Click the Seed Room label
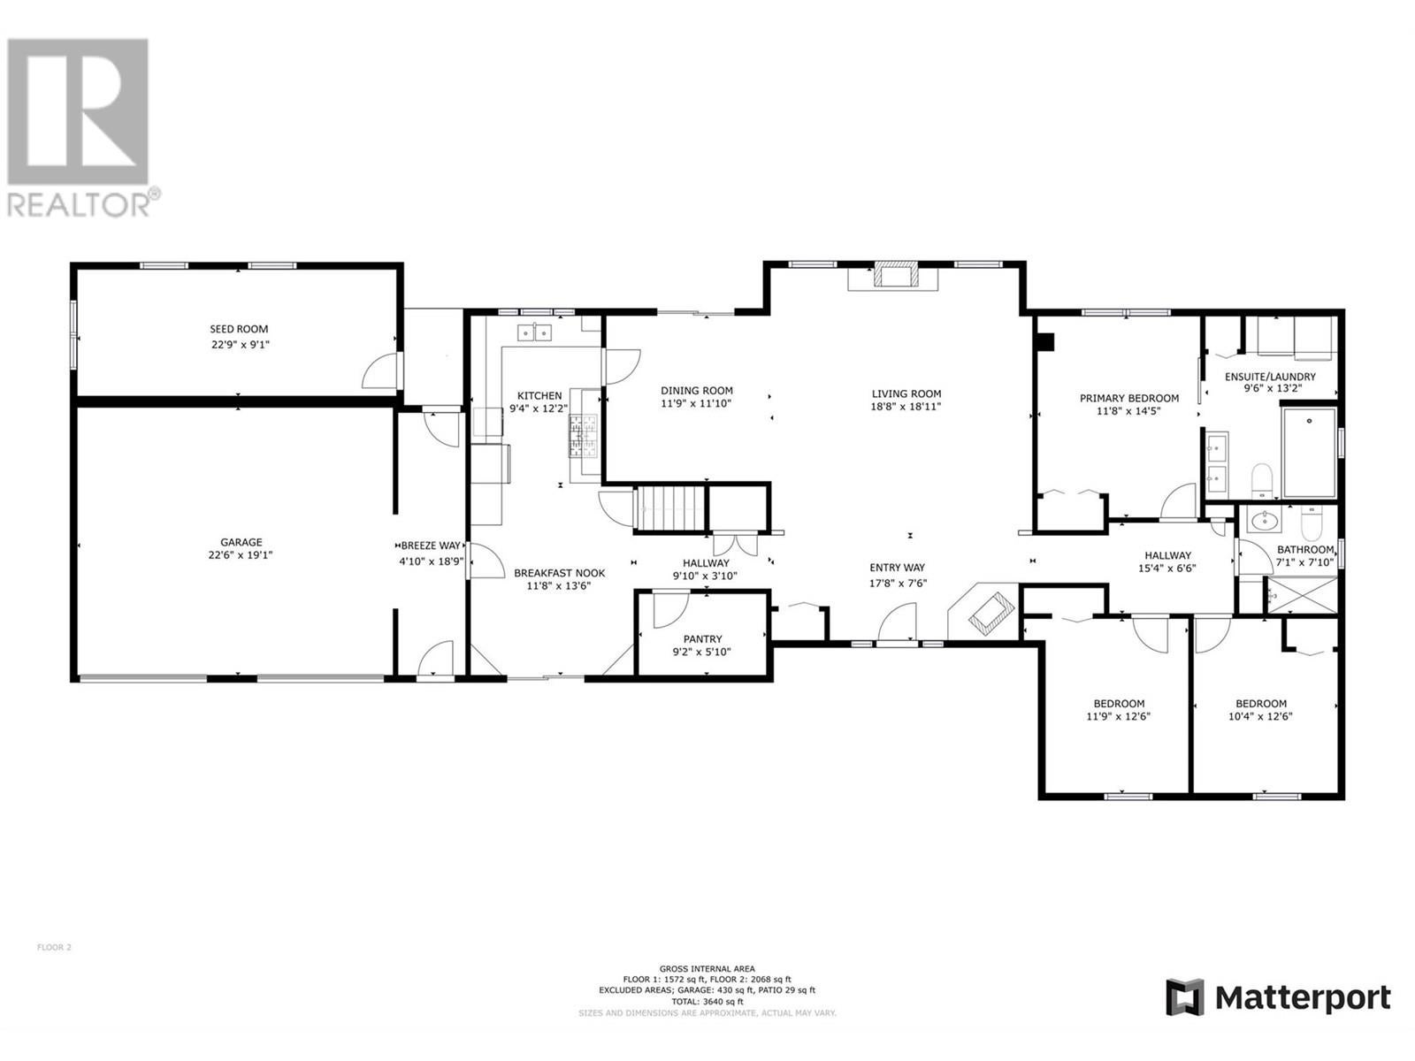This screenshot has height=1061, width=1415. (239, 329)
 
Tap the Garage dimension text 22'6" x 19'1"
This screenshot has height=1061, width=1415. (241, 554)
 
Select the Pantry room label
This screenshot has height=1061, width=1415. (703, 638)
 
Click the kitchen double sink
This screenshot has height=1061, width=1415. (534, 332)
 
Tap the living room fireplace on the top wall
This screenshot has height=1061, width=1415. (895, 274)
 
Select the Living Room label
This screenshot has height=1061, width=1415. (906, 393)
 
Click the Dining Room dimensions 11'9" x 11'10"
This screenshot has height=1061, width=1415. (696, 404)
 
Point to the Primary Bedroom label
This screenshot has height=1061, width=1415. (1129, 398)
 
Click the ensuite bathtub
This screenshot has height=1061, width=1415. (1309, 452)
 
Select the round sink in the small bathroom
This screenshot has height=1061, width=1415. (1264, 521)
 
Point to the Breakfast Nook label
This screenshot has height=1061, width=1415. (560, 573)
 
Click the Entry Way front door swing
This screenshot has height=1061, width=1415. (898, 621)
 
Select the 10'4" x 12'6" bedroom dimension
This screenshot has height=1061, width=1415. (1260, 715)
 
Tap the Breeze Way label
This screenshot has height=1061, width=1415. (431, 545)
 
